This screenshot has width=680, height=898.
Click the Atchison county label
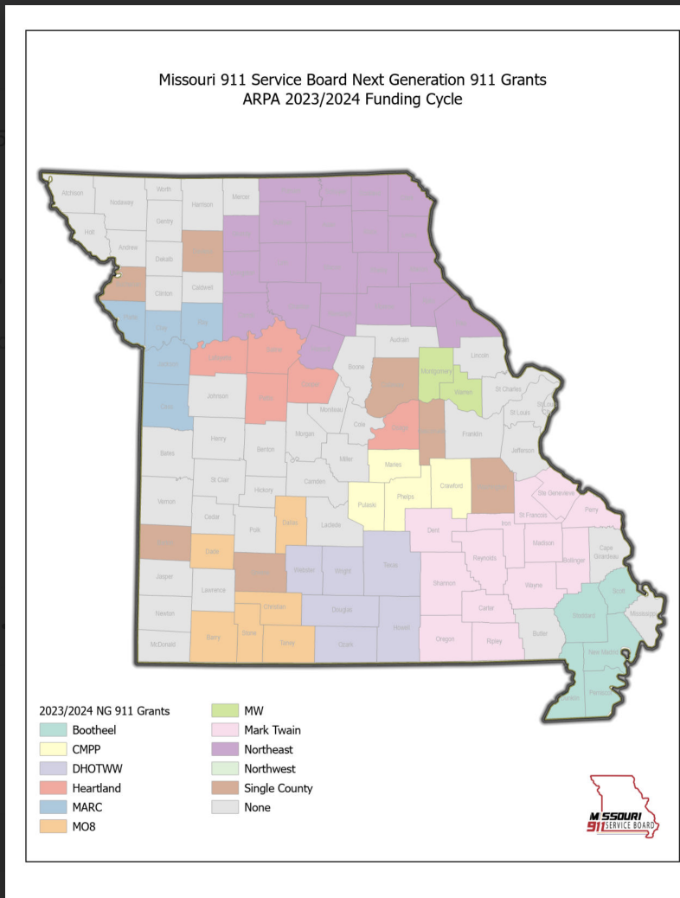coord(73,193)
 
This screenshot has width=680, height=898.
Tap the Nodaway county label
coord(122,202)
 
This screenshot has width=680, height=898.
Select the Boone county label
coord(356,368)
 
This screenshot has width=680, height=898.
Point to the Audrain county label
coord(399,341)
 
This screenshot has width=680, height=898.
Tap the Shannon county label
coord(444,583)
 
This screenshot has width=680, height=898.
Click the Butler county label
coord(541,634)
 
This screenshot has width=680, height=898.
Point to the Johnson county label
coord(217,397)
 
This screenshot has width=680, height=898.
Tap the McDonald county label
coord(163,645)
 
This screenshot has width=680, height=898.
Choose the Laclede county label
coord(330,524)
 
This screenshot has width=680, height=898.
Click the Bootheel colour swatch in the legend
coord(51,730)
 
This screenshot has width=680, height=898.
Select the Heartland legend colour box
coord(51,788)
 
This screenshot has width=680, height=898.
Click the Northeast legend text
coord(268,749)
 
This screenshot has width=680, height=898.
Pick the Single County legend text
coord(278,788)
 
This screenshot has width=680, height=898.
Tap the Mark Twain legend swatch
coord(223,730)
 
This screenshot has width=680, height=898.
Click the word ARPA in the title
coord(263,99)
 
